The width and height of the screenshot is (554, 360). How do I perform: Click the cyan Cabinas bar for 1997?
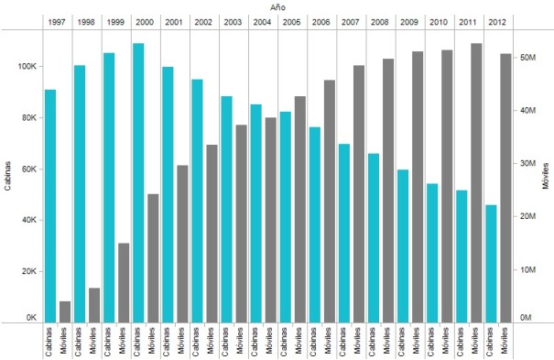[50, 206]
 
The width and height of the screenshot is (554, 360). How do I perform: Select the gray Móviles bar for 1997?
[65, 311]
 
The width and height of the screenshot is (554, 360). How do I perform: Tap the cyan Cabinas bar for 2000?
[138, 183]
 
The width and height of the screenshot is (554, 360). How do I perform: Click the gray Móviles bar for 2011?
[476, 183]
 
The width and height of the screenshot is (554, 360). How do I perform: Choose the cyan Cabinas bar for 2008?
[374, 237]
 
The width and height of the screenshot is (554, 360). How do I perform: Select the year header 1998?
[86, 20]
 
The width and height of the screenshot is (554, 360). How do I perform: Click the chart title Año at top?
[277, 5]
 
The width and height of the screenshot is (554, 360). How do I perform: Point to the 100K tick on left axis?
[25, 67]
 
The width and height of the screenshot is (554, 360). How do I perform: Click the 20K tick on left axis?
[27, 272]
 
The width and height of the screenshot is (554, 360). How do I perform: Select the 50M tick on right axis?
[527, 57]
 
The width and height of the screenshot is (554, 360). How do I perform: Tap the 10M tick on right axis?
[527, 270]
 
